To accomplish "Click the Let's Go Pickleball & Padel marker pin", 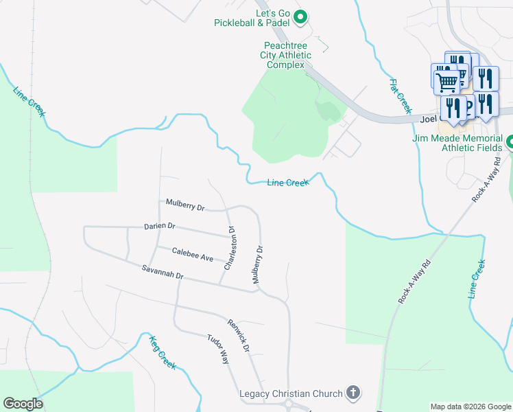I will [300, 16].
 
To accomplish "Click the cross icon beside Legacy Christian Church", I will [353, 393].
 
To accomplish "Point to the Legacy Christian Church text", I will [291, 393].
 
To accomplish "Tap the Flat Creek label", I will [401, 96].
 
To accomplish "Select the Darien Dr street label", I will [160, 226].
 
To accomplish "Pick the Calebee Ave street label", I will [193, 255].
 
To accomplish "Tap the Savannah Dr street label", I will [163, 271].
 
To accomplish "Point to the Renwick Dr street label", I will [238, 335].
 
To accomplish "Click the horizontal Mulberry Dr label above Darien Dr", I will [185, 205].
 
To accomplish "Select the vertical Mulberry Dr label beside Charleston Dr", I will [256, 264].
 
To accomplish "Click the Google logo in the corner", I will [23, 404].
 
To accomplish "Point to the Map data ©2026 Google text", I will [470, 407].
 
